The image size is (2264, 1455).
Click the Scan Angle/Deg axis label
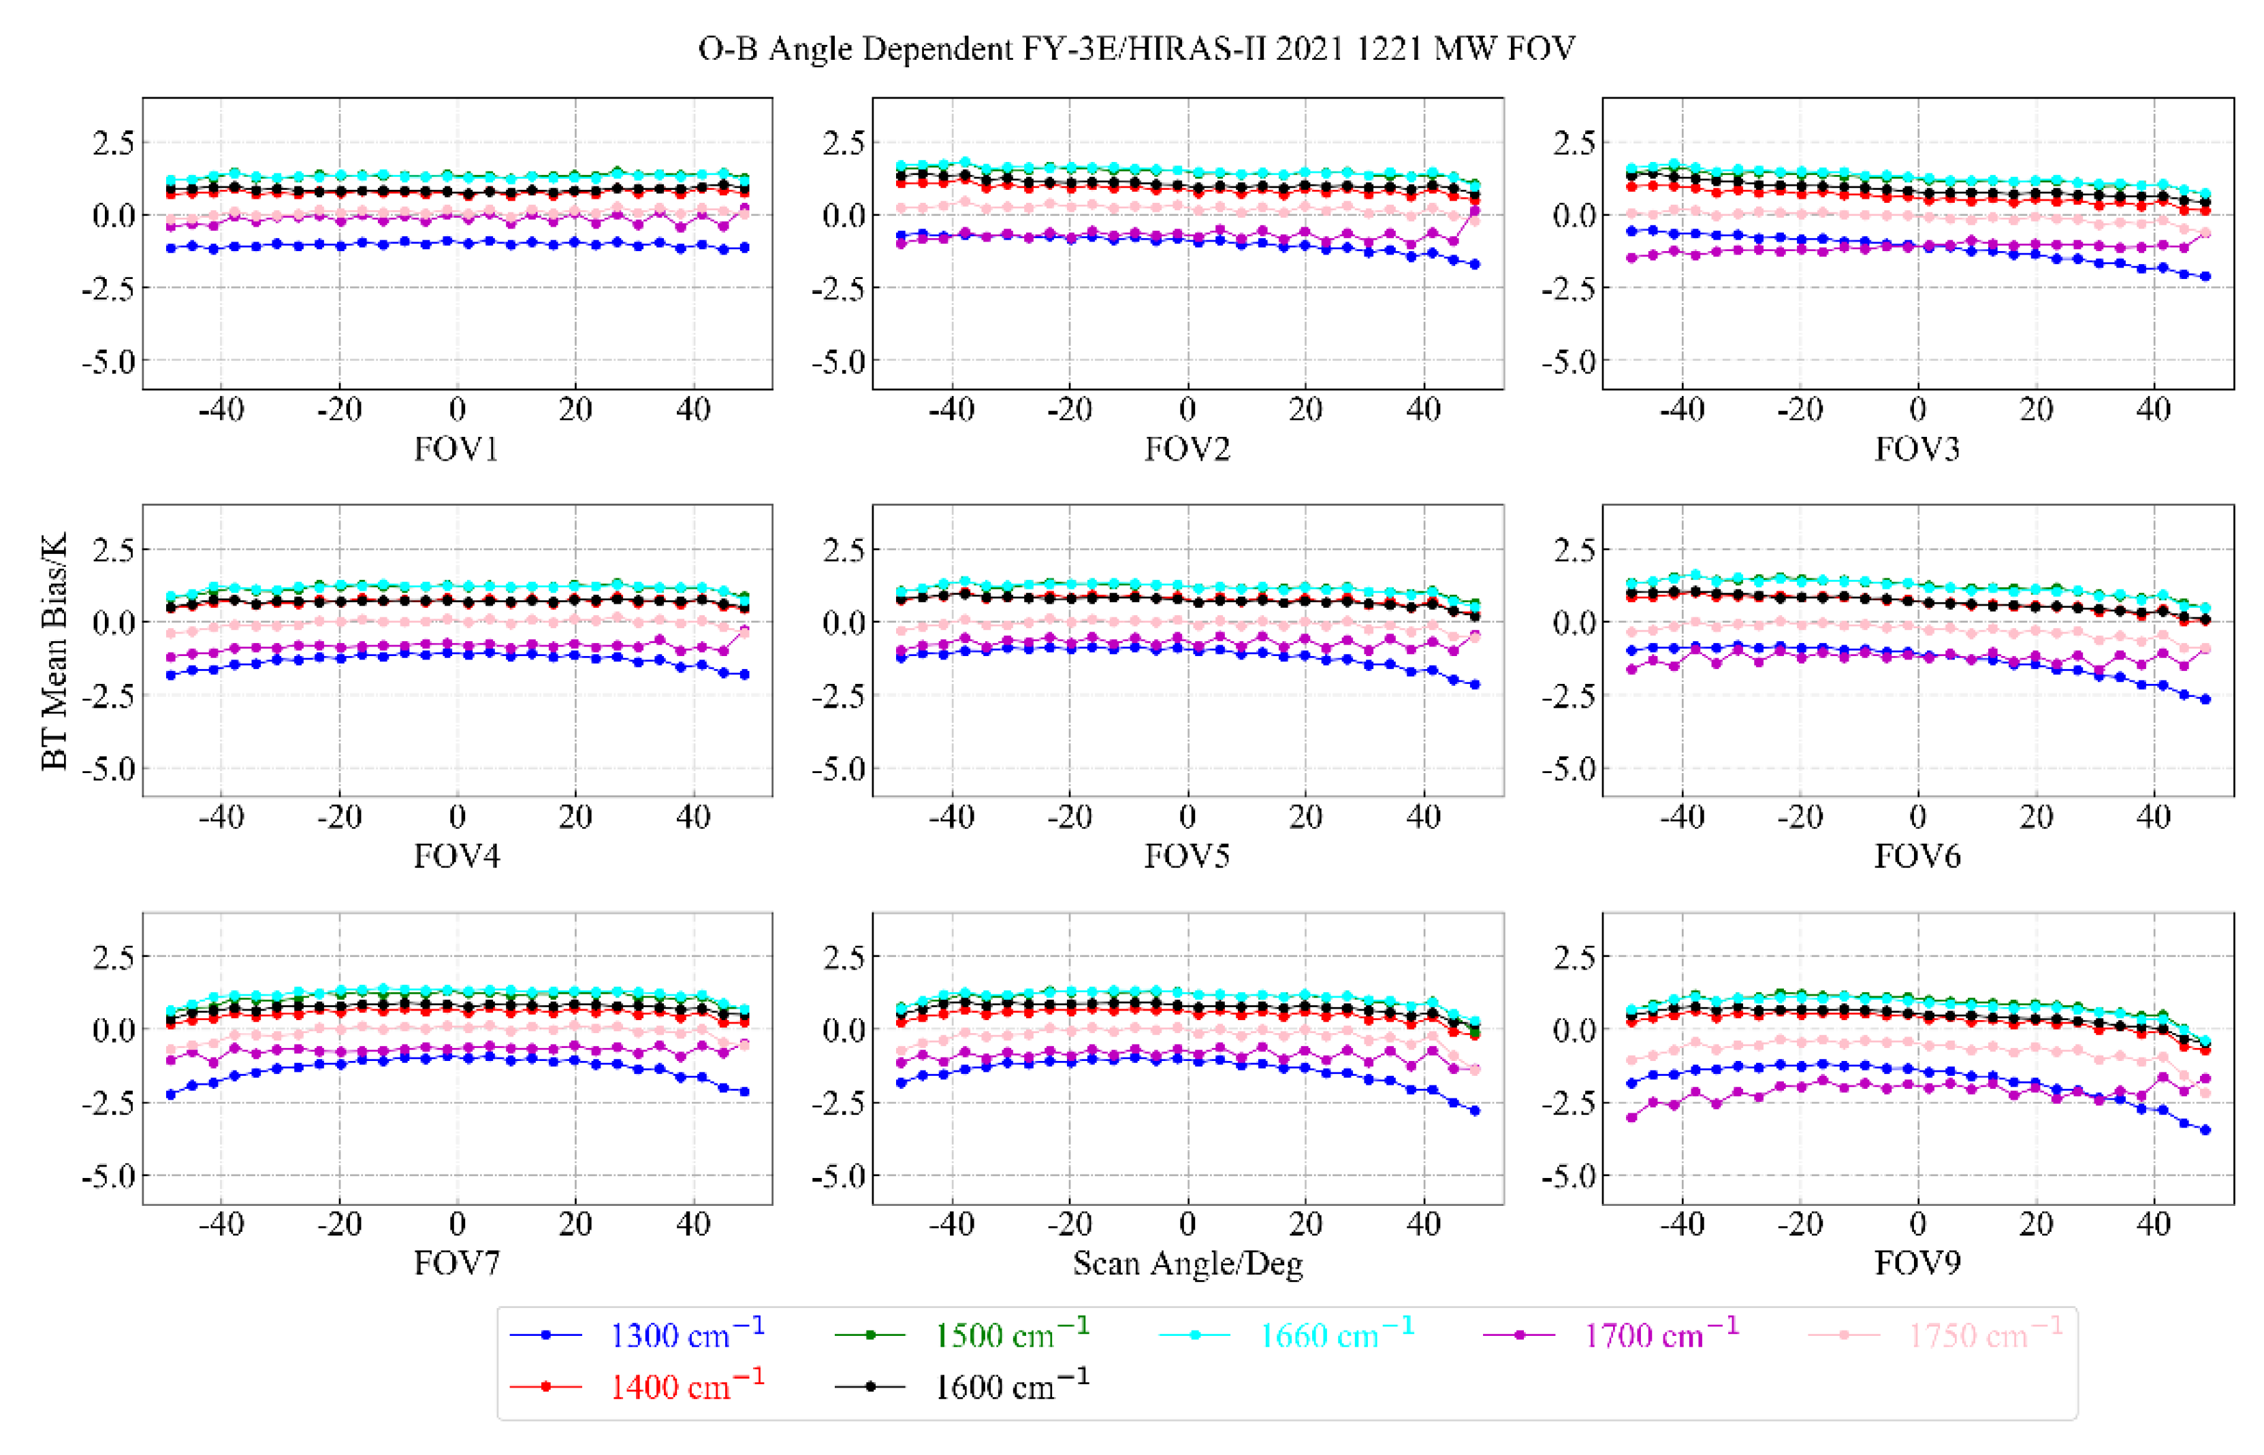(x=1187, y=1263)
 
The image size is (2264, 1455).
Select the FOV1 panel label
(x=457, y=448)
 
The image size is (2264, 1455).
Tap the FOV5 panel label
(x=1187, y=856)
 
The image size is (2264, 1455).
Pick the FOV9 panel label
(x=1917, y=1263)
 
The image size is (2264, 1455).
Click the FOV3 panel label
(x=1917, y=448)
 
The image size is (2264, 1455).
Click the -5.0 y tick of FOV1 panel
(x=109, y=362)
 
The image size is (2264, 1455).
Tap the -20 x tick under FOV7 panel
(x=339, y=1224)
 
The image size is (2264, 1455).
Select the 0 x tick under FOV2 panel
(x=1187, y=410)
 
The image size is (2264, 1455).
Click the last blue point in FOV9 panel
(x=2205, y=1130)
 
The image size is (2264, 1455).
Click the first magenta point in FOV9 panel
(x=1631, y=1117)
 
